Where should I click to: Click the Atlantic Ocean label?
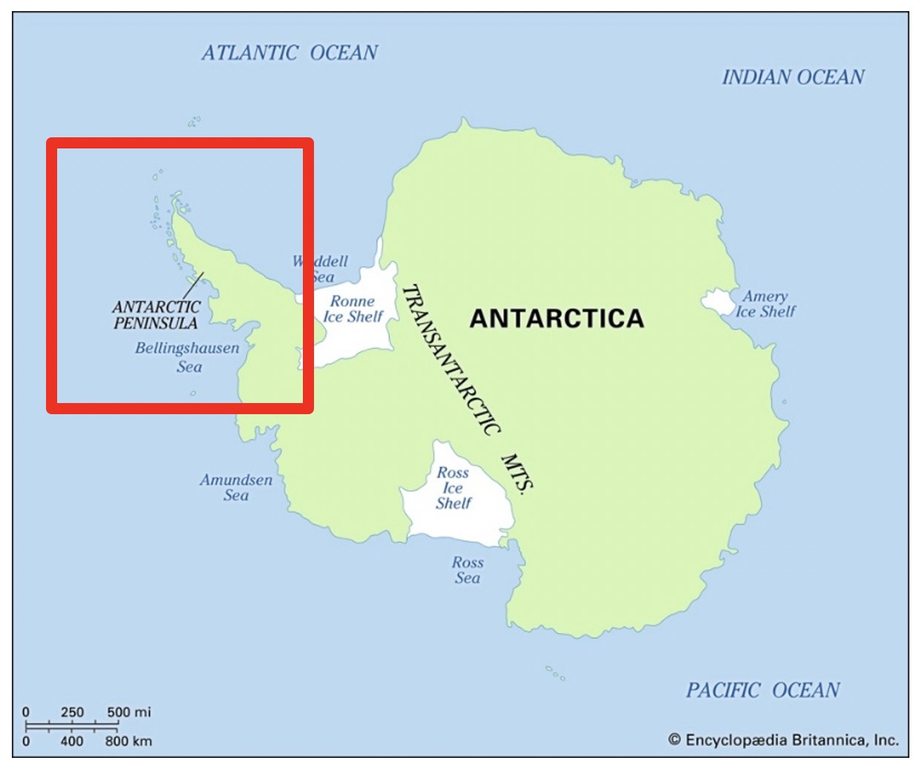[290, 53]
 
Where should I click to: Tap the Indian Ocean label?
[793, 77]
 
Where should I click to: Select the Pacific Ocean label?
[762, 690]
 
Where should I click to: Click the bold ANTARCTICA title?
[557, 318]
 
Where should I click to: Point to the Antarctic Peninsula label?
[156, 315]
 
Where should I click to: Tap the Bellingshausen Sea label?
[187, 357]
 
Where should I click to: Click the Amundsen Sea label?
[236, 488]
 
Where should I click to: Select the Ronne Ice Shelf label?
[353, 309]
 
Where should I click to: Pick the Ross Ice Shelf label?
[453, 488]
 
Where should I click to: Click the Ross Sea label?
[467, 570]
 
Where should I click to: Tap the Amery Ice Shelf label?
[765, 304]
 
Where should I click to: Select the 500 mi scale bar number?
[128, 712]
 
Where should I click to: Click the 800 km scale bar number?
[128, 741]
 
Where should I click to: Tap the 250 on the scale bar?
[72, 712]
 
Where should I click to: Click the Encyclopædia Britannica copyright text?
[783, 739]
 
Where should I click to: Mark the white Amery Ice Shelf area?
[717, 301]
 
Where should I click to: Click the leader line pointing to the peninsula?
[193, 284]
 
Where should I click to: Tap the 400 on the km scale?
[72, 741]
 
